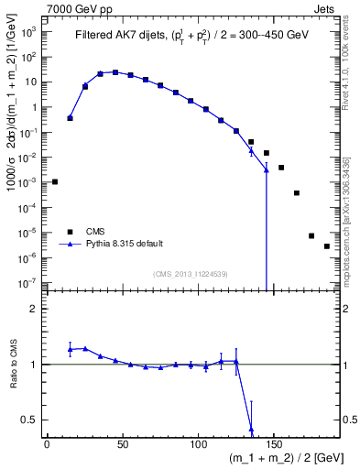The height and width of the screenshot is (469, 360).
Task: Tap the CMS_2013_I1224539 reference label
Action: coord(190,273)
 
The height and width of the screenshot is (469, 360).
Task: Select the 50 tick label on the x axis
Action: coord(122,443)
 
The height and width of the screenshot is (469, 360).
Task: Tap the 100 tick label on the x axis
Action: coord(198,443)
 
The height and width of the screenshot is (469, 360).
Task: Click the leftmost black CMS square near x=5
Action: coord(55,181)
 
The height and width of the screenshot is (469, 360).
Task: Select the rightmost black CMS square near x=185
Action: coord(327,246)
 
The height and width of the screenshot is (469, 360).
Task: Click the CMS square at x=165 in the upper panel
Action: coord(297,193)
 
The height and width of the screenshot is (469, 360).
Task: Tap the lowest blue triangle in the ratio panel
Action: coord(251,429)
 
